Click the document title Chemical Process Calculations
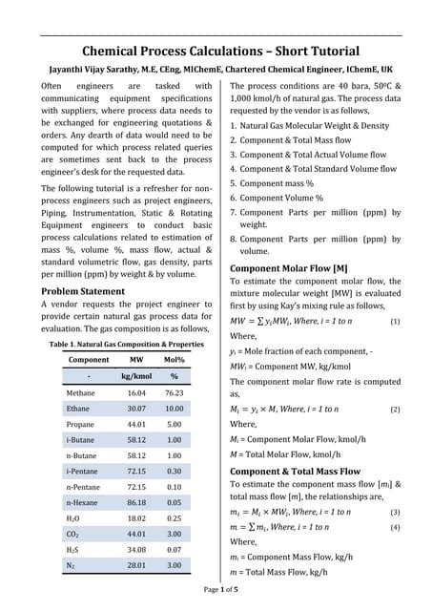(220, 51)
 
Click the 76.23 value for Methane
(174, 392)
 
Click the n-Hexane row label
(83, 501)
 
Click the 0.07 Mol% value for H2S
(174, 549)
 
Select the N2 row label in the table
(72, 565)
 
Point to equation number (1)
(395, 323)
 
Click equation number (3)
(395, 513)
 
